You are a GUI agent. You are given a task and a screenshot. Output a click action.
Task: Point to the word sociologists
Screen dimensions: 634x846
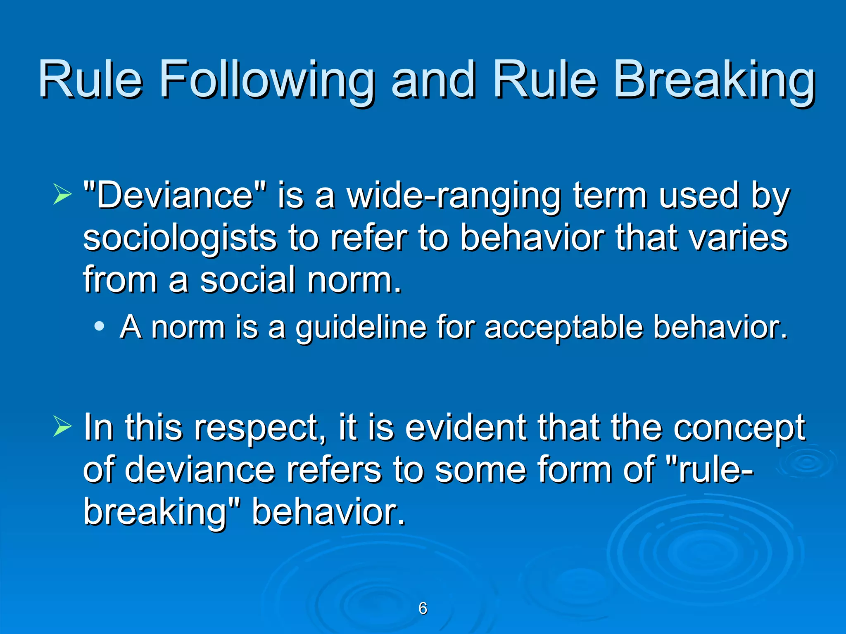[x=179, y=238]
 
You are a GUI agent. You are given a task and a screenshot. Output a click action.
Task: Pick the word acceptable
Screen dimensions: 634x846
[x=563, y=327]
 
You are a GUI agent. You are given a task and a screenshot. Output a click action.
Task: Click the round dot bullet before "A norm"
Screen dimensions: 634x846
[x=99, y=326]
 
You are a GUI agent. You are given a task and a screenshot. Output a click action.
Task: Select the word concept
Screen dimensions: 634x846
[x=739, y=428]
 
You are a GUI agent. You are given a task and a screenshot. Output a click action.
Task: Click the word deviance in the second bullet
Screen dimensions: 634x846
[x=200, y=469]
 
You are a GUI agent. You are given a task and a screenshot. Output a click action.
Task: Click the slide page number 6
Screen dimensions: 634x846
[x=423, y=608]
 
